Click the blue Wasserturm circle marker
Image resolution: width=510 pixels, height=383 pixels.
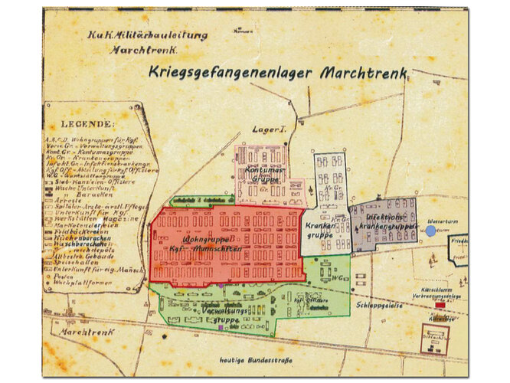pos(430,230)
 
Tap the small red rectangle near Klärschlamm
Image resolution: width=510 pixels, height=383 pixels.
pos(440,305)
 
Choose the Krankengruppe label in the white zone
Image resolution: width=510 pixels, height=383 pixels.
pos(320,231)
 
